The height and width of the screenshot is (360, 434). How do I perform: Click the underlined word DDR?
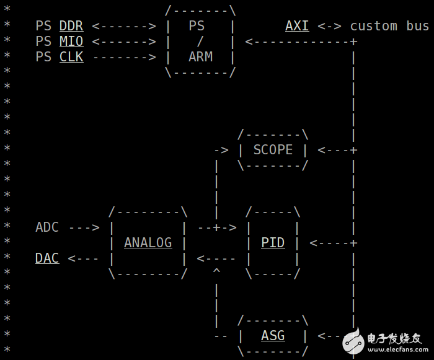pyautogui.click(x=71, y=26)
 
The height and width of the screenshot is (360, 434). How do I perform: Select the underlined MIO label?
pyautogui.click(x=71, y=42)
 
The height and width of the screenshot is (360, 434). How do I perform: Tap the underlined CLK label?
pyautogui.click(x=71, y=57)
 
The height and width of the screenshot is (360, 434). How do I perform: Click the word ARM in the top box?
pyautogui.click(x=201, y=57)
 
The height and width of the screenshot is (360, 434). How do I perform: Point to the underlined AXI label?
pyautogui.click(x=297, y=26)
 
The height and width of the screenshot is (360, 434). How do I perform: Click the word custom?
pyautogui.click(x=374, y=26)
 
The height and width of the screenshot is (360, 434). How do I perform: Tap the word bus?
pyautogui.click(x=418, y=26)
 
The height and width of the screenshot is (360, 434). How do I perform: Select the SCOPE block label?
pyautogui.click(x=273, y=150)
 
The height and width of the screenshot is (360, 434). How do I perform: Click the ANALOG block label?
pyautogui.click(x=148, y=243)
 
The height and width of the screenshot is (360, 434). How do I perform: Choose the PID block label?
pyautogui.click(x=273, y=243)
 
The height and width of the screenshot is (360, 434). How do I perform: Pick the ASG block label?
pyautogui.click(x=273, y=336)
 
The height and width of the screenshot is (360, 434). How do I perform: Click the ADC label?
pyautogui.click(x=47, y=227)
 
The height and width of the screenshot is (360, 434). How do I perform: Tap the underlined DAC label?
pyautogui.click(x=47, y=258)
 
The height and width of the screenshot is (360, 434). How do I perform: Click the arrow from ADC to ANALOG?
pyautogui.click(x=84, y=228)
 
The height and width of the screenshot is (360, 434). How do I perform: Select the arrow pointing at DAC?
pyautogui.click(x=82, y=259)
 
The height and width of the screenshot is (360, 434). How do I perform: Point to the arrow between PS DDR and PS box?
pyautogui.click(x=124, y=26)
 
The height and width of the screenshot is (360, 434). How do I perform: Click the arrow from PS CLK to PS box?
pyautogui.click(x=125, y=57)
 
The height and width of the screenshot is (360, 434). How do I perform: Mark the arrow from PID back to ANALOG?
pyautogui.click(x=216, y=259)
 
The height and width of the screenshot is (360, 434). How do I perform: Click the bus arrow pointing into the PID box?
pyautogui.click(x=334, y=244)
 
